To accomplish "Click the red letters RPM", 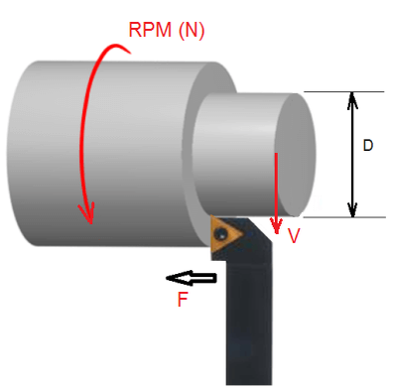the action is tap(150, 30).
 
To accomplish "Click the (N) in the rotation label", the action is tap(192, 31).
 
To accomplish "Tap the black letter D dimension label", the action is tap(368, 146).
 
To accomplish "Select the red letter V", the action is tap(294, 236).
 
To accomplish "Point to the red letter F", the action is tap(183, 300).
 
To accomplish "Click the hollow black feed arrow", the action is tap(192, 278).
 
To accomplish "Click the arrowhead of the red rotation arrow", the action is tap(86, 212).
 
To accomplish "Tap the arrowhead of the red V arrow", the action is tap(276, 225).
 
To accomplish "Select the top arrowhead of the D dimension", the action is tap(352, 100).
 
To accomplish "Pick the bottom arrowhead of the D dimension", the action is tap(352, 208).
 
